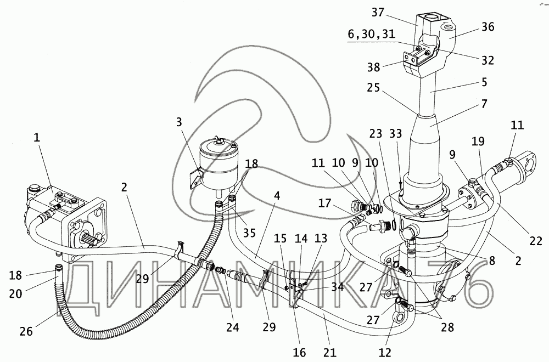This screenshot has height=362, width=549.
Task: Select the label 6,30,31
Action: pos(371,34)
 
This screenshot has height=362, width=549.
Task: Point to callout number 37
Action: pos(408,12)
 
